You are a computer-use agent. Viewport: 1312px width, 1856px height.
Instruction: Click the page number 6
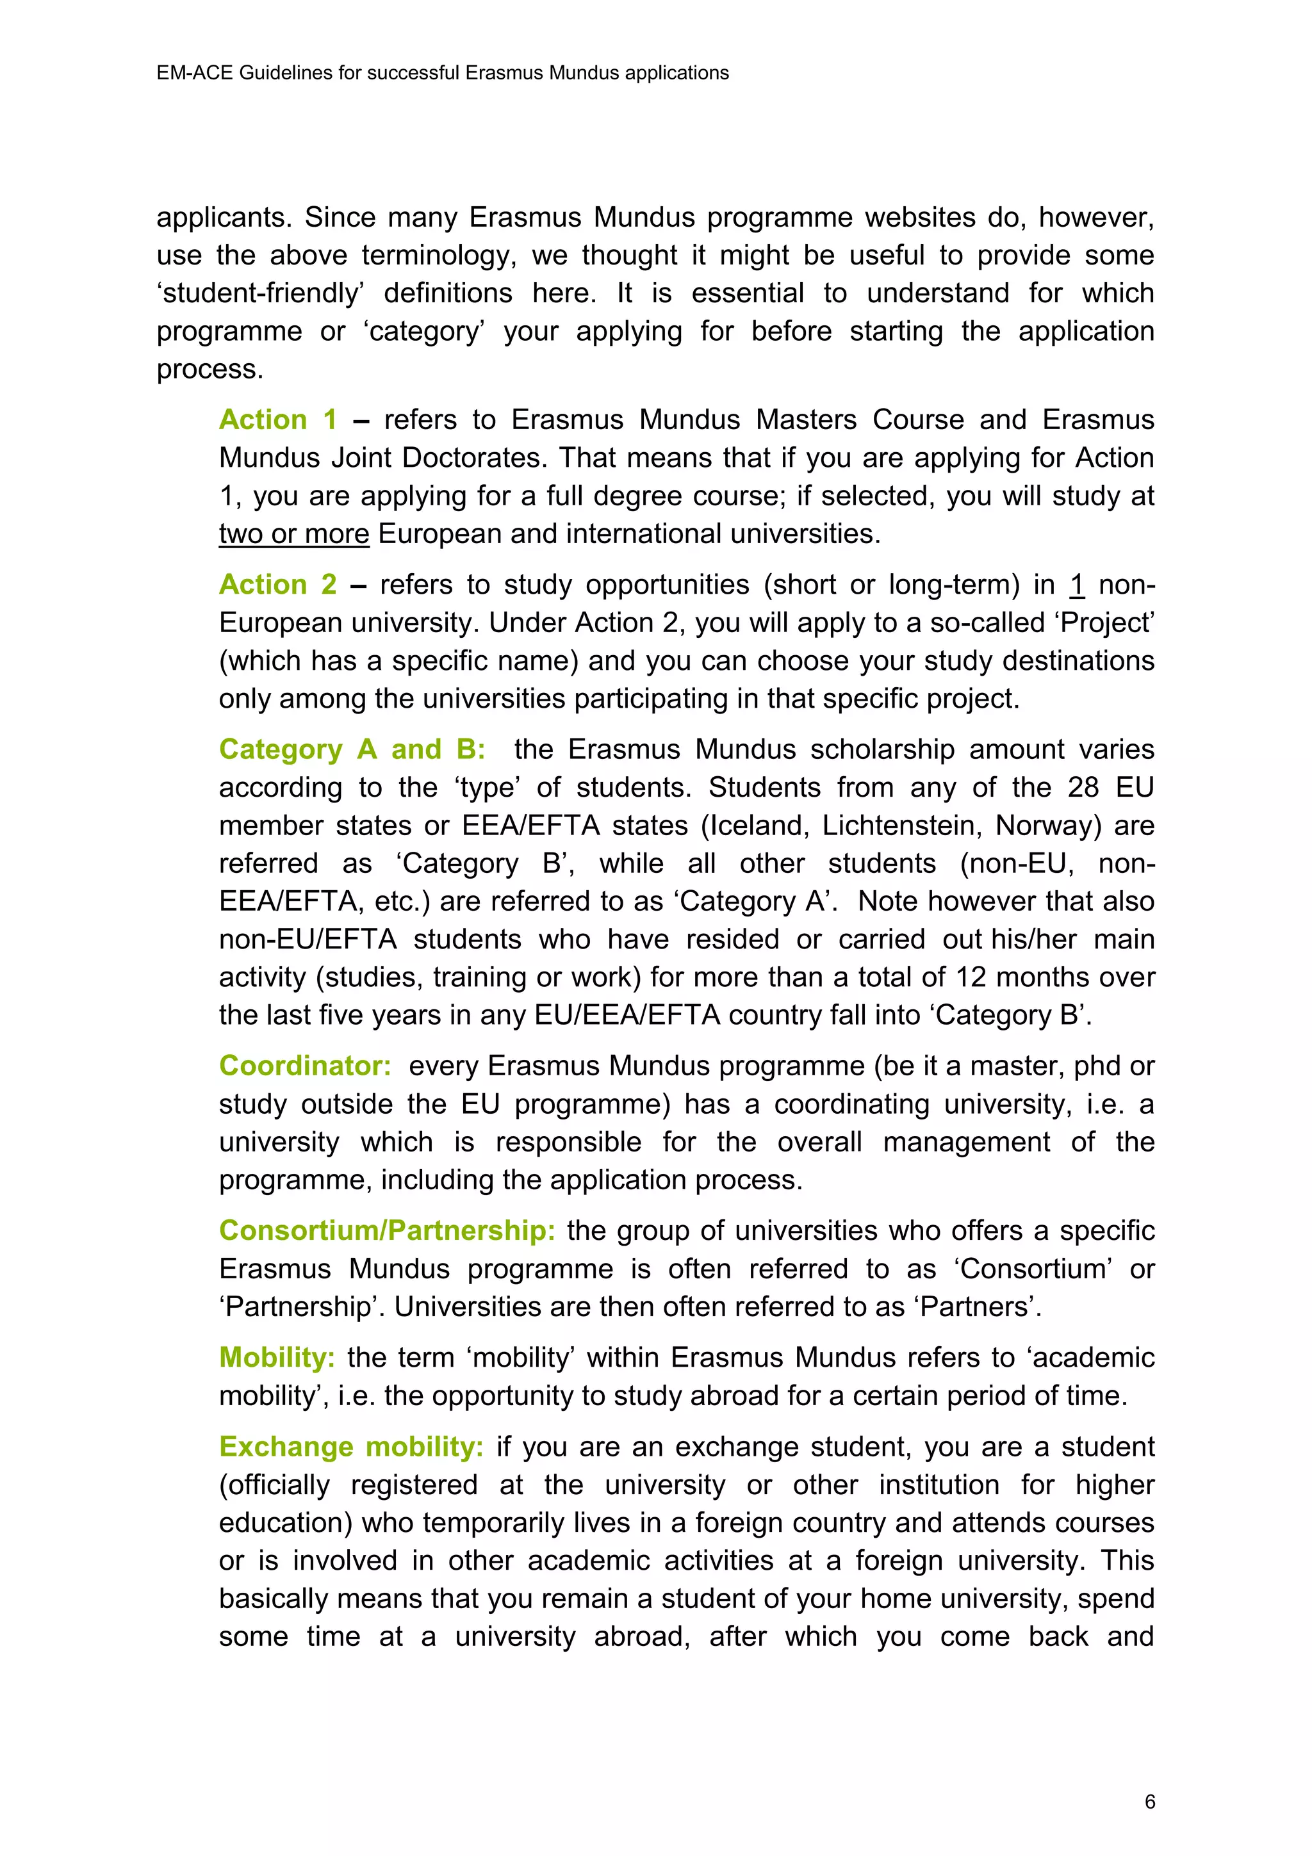[x=1149, y=1802]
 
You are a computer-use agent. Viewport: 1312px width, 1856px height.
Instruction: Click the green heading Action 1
[x=277, y=419]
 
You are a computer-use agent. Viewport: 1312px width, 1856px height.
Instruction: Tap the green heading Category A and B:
[x=352, y=749]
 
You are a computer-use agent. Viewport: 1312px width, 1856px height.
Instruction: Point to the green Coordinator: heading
[x=305, y=1066]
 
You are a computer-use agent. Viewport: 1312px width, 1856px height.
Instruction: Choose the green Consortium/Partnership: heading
[x=386, y=1230]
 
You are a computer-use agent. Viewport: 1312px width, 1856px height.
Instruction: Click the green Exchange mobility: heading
[x=351, y=1446]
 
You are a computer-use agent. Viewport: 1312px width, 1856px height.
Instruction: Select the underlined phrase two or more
[x=293, y=534]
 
